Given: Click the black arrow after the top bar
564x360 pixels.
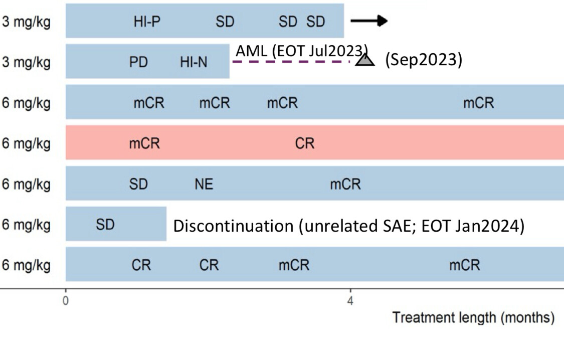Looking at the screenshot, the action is pyautogui.click(x=369, y=21).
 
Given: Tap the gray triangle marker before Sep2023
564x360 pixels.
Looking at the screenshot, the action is pyautogui.click(x=365, y=60).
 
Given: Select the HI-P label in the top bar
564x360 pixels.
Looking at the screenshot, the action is pyautogui.click(x=147, y=22).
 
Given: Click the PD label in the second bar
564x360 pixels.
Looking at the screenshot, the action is pyautogui.click(x=138, y=62).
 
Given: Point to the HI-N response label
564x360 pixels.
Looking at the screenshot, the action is pyautogui.click(x=194, y=62).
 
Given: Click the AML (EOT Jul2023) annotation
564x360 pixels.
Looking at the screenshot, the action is pyautogui.click(x=302, y=51).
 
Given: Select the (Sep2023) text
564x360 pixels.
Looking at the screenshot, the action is pyautogui.click(x=424, y=59).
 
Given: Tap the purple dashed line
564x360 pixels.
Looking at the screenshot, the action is pyautogui.click(x=291, y=62).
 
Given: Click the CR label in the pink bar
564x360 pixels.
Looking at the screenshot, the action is pyautogui.click(x=305, y=143).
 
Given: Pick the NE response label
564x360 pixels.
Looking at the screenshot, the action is pyautogui.click(x=204, y=184).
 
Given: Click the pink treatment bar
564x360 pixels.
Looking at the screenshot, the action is pyautogui.click(x=315, y=142).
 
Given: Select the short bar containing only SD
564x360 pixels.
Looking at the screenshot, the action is pyautogui.click(x=116, y=224).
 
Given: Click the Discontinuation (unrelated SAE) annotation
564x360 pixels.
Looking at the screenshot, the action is pyautogui.click(x=349, y=226).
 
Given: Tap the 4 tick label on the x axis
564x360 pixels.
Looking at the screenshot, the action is pyautogui.click(x=350, y=300).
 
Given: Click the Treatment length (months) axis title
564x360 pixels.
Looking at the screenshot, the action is pyautogui.click(x=473, y=317).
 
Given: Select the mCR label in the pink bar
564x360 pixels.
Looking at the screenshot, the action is pyautogui.click(x=144, y=143).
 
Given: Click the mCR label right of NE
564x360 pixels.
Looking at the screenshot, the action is pyautogui.click(x=345, y=184).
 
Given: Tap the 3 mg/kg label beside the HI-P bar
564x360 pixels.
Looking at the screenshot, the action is pyautogui.click(x=26, y=22).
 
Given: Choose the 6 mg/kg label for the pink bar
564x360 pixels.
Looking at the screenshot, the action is pyautogui.click(x=26, y=143).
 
